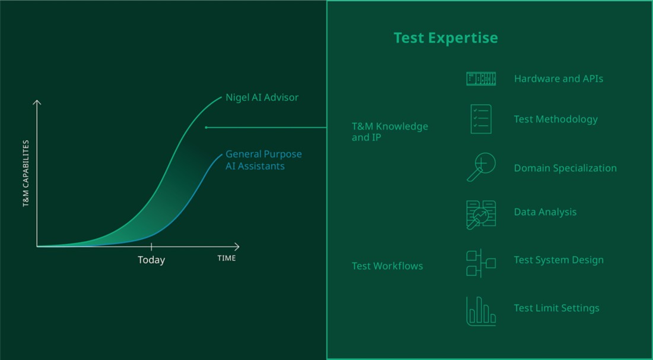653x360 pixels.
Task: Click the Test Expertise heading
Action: pos(446,38)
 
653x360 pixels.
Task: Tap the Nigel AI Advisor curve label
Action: pos(262,97)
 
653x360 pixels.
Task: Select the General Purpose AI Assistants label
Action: pos(264,160)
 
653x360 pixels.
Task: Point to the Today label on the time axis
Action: pos(151,260)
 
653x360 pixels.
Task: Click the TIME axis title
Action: pos(227,258)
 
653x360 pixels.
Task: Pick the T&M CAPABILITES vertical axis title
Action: pos(26,173)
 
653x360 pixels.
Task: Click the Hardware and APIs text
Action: pos(559,79)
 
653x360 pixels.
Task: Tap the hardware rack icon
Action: pos(481,79)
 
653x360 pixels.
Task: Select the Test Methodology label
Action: pos(556,119)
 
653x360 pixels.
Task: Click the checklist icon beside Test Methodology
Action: pos(481,119)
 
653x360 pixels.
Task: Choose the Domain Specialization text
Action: pos(565,168)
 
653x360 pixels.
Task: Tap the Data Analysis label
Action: pos(545,212)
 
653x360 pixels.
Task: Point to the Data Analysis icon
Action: pos(481,214)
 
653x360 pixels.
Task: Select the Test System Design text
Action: pos(559,260)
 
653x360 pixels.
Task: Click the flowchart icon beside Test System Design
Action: pos(481,263)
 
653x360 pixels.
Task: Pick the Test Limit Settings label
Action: pos(556,308)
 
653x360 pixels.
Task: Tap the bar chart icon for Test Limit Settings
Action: pos(481,311)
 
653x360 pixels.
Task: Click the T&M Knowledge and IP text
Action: pos(390,132)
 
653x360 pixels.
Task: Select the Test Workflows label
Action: pos(387,266)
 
